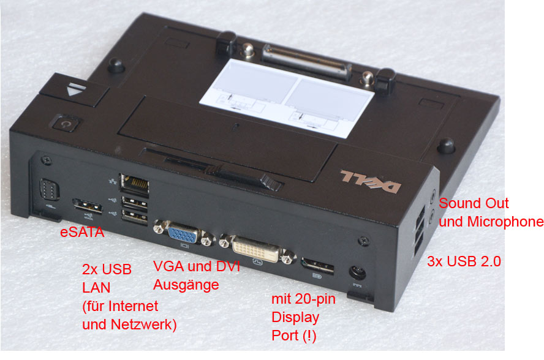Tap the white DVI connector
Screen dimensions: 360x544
click(x=257, y=249)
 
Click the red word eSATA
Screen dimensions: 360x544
click(x=82, y=233)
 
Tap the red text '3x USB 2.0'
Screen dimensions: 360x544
click(x=463, y=262)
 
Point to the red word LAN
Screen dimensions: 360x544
click(x=95, y=287)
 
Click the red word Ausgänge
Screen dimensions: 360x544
click(x=186, y=285)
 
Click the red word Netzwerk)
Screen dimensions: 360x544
click(x=143, y=324)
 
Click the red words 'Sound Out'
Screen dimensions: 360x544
click(x=474, y=203)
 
